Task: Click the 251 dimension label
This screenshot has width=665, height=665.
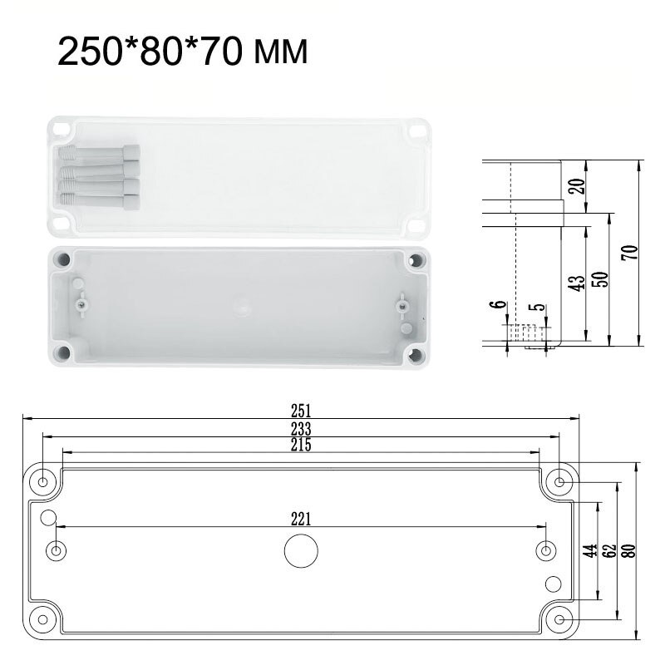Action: click(x=301, y=410)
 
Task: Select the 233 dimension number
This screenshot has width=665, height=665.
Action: click(x=301, y=429)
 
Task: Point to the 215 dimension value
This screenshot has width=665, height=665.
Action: click(x=301, y=446)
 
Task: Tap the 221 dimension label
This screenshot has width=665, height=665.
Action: click(x=301, y=520)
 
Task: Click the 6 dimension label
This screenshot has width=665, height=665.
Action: click(x=499, y=305)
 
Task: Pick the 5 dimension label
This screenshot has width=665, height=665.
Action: click(x=542, y=308)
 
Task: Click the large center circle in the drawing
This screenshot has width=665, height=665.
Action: click(x=301, y=550)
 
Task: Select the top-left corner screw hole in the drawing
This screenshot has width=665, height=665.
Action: click(x=43, y=481)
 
